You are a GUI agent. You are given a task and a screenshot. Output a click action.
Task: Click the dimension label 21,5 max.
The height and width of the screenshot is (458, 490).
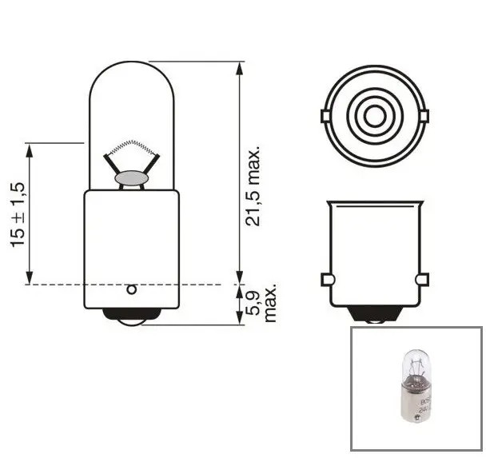click(x=253, y=185)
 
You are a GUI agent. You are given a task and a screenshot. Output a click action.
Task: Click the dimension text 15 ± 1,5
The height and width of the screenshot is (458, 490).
click(x=19, y=213)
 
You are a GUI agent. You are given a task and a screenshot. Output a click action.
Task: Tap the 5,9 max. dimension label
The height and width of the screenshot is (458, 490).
click(x=262, y=303)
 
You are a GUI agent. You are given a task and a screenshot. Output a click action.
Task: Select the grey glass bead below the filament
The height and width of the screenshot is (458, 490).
click(x=130, y=177)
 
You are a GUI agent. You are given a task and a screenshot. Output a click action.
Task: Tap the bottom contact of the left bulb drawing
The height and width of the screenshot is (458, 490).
click(x=130, y=318)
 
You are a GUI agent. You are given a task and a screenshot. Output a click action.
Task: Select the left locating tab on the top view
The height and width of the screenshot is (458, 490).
click(x=325, y=117)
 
